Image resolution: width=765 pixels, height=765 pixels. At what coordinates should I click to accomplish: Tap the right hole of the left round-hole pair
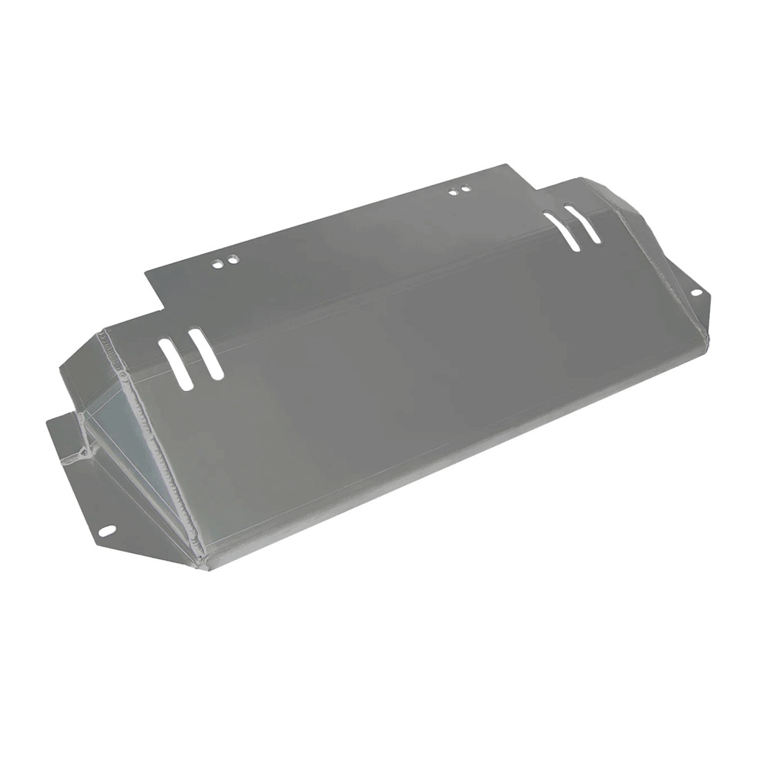tap(231, 260)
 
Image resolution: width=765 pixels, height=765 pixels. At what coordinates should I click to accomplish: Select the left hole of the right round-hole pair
tap(452, 192)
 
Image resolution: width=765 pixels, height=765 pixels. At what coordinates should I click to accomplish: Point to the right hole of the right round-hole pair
tap(464, 188)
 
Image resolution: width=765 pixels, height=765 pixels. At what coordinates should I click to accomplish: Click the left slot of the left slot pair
tap(176, 365)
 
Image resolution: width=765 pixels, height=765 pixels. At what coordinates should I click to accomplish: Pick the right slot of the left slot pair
tap(206, 353)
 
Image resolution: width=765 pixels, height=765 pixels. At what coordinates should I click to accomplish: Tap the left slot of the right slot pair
tap(561, 229)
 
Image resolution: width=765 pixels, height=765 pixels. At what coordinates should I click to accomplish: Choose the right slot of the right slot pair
tap(583, 223)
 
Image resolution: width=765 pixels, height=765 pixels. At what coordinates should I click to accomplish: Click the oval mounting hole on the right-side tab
tap(696, 292)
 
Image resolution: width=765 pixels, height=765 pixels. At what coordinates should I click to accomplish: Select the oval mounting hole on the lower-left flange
tap(106, 530)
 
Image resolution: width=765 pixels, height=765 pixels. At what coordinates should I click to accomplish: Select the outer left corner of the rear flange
tap(145, 272)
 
